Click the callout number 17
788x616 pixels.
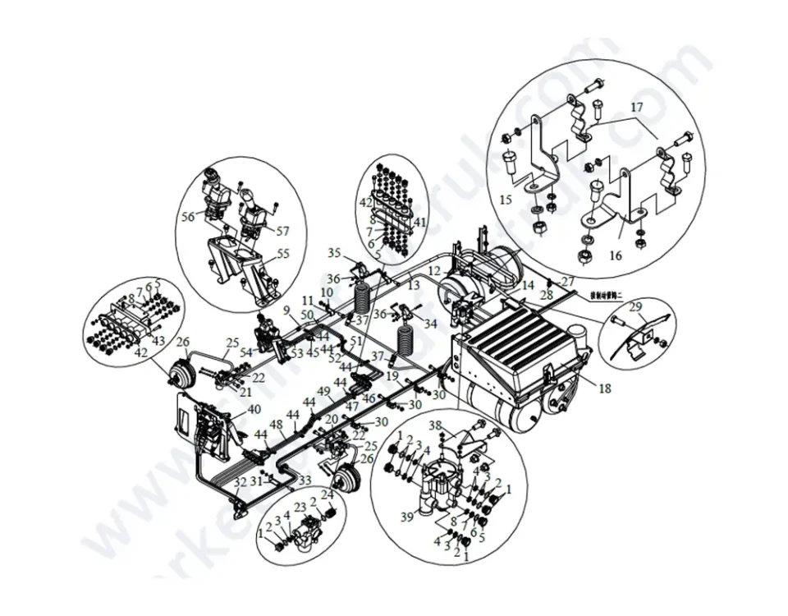637,108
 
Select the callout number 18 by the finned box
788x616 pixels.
605,388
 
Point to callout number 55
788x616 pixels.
283,255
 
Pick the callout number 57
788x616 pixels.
283,232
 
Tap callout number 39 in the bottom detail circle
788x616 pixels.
407,516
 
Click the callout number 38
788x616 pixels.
435,425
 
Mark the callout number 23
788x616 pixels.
300,507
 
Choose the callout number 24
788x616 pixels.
327,494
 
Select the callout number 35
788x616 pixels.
334,252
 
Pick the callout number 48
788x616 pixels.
277,425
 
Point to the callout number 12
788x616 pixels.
434,270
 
